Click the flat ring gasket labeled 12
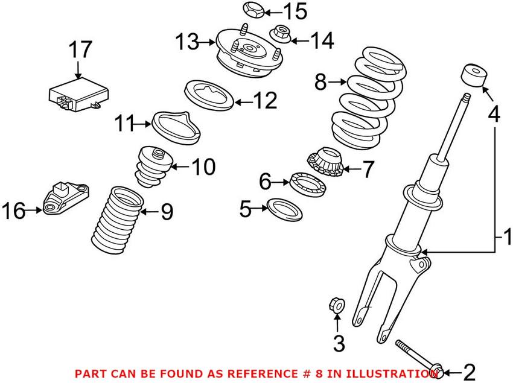[208, 95]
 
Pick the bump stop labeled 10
[153, 166]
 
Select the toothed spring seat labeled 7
[325, 162]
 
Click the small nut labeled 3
[337, 305]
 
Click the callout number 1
[506, 235]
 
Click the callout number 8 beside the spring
[320, 82]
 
